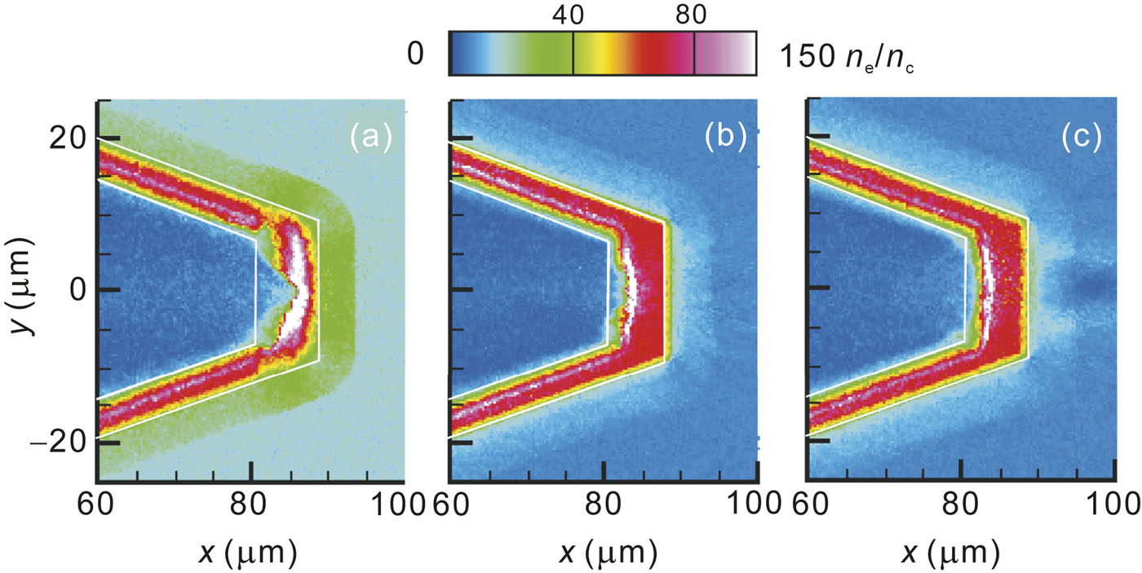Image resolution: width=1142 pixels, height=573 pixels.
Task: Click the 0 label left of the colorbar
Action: pos(415,55)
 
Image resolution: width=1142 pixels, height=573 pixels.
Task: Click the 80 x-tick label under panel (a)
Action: pos(249,504)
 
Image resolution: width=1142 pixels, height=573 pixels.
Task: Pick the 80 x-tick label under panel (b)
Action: pos(604,504)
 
